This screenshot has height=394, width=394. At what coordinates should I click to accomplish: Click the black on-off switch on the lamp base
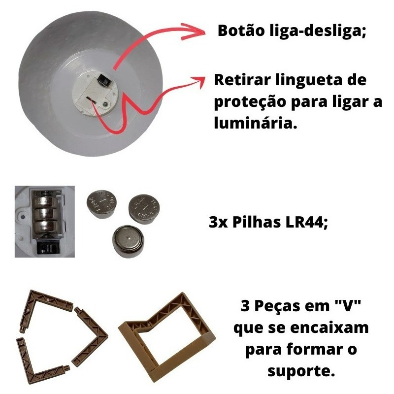(104, 80)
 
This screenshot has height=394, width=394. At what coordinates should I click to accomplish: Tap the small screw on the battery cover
(106, 103)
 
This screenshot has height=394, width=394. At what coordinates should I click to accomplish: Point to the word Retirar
(242, 80)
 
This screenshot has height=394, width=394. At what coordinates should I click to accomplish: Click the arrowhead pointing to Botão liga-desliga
(194, 32)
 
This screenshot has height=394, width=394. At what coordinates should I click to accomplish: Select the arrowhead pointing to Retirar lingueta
(198, 80)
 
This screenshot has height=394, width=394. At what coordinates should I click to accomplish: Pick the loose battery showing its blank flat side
(128, 241)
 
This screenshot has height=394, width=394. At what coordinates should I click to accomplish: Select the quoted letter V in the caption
(348, 305)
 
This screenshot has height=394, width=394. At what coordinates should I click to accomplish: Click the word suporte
(301, 371)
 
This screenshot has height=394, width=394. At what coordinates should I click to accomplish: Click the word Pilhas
(257, 222)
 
